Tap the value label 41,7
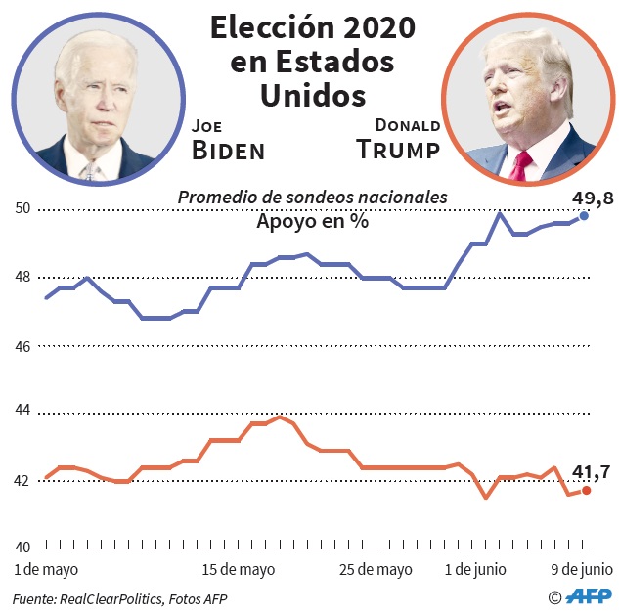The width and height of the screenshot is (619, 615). [x=592, y=473]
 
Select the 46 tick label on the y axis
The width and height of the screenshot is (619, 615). [x=22, y=346]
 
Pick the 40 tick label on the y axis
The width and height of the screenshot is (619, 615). [x=22, y=548]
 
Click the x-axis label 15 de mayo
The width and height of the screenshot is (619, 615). [x=238, y=569]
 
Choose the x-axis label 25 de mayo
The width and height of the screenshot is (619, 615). [x=376, y=569]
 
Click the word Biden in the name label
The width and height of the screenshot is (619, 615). [x=228, y=151]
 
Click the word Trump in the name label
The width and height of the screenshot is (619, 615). [x=398, y=150]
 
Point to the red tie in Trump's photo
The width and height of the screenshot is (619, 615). [x=522, y=163]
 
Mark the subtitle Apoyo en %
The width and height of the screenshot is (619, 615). [x=312, y=222]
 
